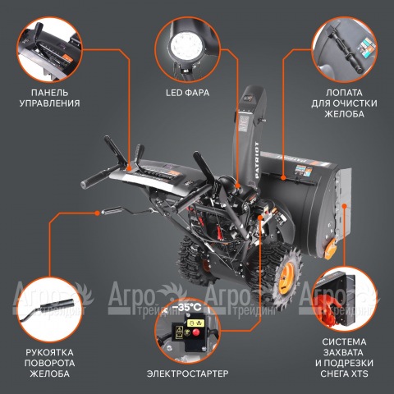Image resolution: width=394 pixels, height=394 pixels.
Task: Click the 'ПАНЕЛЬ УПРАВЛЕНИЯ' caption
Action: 48,98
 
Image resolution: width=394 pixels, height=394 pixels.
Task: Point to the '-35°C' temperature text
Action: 190,307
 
